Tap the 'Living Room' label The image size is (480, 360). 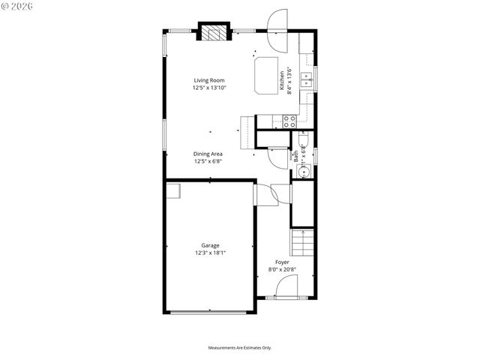[x=209, y=80]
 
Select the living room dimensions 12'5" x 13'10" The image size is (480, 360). [x=209, y=88]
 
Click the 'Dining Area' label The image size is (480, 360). [x=208, y=154]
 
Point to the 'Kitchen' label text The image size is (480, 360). [x=283, y=80]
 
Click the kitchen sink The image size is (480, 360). [x=306, y=79]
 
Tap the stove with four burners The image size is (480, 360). [x=289, y=119]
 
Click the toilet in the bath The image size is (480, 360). [x=304, y=139]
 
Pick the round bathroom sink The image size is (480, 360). [x=304, y=171]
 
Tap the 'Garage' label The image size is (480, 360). [x=210, y=245]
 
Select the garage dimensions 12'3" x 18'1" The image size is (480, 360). [x=210, y=253]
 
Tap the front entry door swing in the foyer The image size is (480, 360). [x=286, y=286]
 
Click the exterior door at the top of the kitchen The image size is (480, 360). [x=276, y=20]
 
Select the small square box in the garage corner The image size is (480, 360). [x=173, y=190]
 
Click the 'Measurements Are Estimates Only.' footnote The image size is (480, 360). [x=239, y=347]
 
